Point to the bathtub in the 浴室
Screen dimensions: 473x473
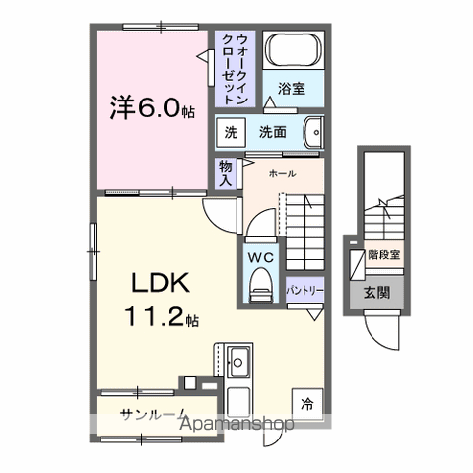click(x=295, y=52)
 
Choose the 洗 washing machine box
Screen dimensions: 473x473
click(x=231, y=131)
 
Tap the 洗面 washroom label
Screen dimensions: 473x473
click(x=273, y=131)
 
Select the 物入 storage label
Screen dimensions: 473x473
click(x=225, y=174)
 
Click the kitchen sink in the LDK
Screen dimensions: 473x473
click(x=239, y=360)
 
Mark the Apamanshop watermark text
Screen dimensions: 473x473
click(x=241, y=426)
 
